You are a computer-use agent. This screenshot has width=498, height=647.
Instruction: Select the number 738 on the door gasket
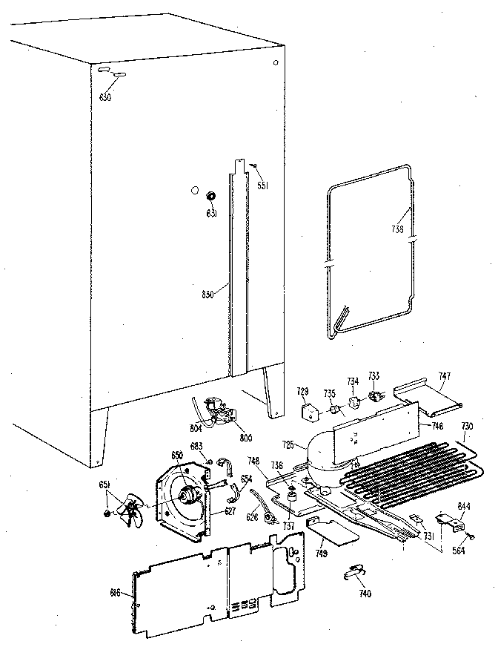click(x=397, y=229)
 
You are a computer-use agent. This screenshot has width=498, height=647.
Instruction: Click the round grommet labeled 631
click(x=211, y=197)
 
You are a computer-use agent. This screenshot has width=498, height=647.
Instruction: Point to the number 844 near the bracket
click(x=464, y=506)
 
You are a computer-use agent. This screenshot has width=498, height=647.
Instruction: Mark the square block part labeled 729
click(x=306, y=410)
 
